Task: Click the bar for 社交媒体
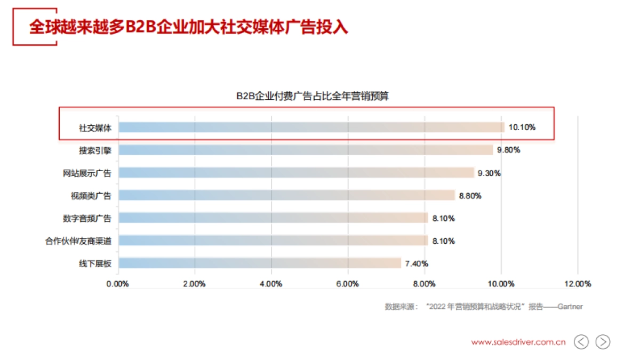311,127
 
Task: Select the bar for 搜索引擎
306,150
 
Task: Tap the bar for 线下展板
260,263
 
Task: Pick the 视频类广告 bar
286,195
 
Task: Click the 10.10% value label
522,127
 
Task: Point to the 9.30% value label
489,173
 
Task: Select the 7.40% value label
417,263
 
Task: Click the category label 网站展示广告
87,173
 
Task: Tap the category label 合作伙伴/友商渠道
78,241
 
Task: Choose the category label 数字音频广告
87,218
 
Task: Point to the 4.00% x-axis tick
271,284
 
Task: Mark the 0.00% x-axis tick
118,284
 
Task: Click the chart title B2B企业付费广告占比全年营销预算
313,97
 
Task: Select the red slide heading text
188,27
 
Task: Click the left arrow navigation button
581,342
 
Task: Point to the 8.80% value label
470,196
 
